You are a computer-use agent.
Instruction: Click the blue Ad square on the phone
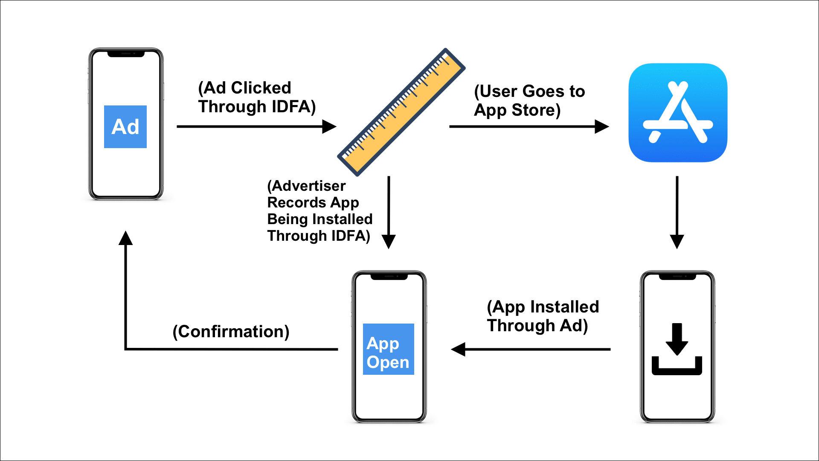125,127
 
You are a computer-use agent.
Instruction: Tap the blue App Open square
388,349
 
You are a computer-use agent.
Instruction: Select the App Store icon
678,113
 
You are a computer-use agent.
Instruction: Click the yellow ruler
401,112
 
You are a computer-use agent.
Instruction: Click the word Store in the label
536,110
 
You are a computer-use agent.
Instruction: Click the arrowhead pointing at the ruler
329,126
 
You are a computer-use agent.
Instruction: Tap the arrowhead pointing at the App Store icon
601,126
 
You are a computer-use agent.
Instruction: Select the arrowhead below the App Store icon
677,241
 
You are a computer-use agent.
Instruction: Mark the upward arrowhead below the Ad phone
125,238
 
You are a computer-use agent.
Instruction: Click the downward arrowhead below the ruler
389,241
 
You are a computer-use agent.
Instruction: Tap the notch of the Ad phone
126,54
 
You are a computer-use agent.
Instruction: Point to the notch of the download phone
677,277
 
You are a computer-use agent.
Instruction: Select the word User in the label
498,91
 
